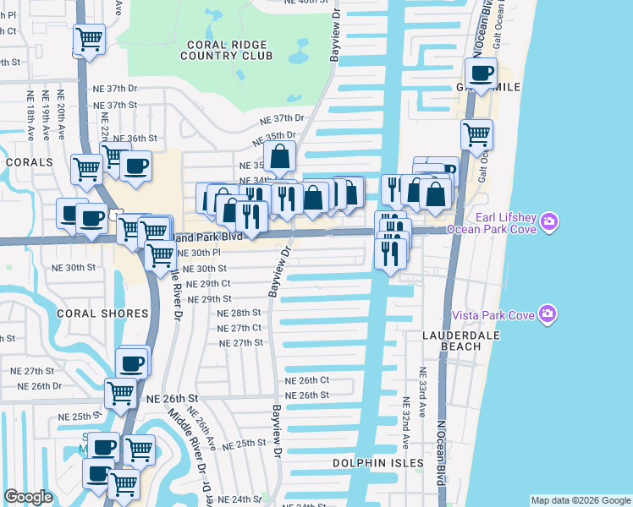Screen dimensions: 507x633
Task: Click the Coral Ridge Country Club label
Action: coord(226,48)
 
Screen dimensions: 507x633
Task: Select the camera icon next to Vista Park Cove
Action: coord(548,314)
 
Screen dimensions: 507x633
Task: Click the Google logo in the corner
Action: coord(28,497)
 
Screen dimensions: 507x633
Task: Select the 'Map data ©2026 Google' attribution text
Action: coord(580,500)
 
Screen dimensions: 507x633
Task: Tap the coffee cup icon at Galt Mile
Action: coord(482,73)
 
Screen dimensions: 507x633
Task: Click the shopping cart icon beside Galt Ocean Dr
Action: coord(477,134)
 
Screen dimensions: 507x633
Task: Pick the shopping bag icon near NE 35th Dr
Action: coord(279,156)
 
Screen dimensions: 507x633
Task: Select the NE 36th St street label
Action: coord(135,138)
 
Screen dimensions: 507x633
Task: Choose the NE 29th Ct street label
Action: coord(207,284)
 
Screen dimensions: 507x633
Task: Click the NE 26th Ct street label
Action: coord(306,380)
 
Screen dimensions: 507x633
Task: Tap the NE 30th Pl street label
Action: coord(199,253)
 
